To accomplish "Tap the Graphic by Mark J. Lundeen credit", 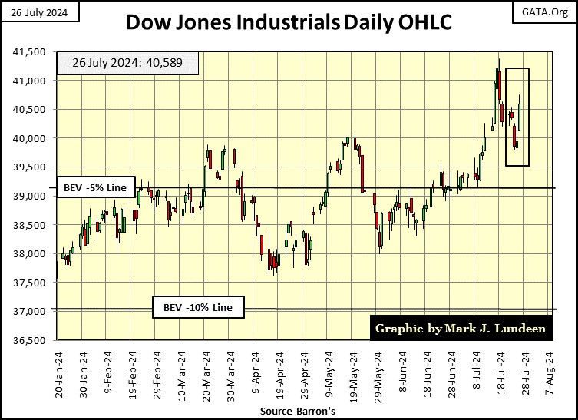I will pyautogui.click(x=461, y=329).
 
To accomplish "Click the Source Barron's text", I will pyautogui.click(x=289, y=411).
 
